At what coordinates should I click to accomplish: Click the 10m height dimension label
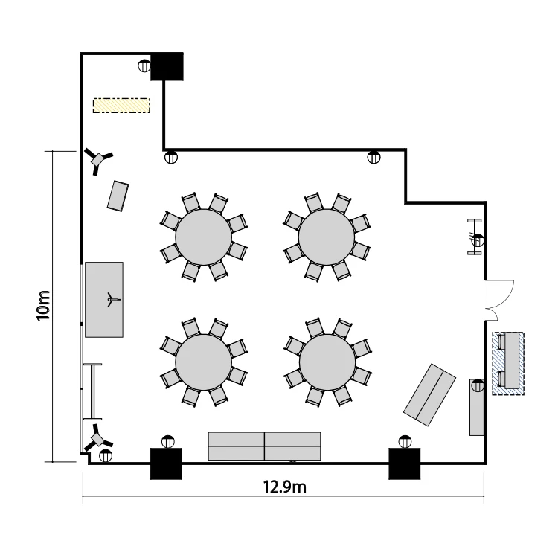(x=44, y=305)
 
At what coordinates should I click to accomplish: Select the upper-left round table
(x=204, y=237)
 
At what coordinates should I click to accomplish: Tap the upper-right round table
(x=327, y=237)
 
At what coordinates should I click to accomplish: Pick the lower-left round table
(x=204, y=361)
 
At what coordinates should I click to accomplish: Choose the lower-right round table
(x=327, y=361)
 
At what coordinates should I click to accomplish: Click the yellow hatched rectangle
(x=121, y=106)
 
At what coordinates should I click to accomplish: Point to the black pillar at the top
(x=167, y=66)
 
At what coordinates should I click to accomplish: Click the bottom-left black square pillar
(x=167, y=464)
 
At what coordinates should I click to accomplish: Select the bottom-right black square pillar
(x=405, y=464)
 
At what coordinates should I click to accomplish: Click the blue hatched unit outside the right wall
(x=508, y=363)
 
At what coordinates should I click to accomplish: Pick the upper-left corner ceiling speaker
(x=97, y=159)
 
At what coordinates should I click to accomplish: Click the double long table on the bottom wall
(x=264, y=446)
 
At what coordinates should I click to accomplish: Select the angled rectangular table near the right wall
(x=429, y=394)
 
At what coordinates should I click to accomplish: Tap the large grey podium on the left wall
(x=104, y=299)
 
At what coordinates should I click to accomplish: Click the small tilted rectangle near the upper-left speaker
(x=118, y=196)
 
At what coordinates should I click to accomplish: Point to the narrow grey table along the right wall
(x=476, y=407)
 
